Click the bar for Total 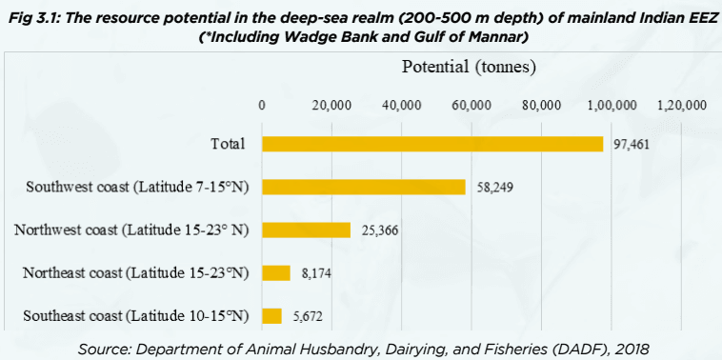[x=432, y=144]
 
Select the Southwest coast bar [x=364, y=187]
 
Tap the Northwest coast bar [x=306, y=230]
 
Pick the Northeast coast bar [x=276, y=273]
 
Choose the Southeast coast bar [x=272, y=316]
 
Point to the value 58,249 [x=494, y=188]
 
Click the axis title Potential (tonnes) [x=471, y=68]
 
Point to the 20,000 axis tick [x=332, y=105]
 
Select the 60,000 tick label [x=471, y=105]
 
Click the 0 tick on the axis [x=262, y=105]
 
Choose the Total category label [x=229, y=144]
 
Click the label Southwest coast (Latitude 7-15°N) [x=137, y=187]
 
